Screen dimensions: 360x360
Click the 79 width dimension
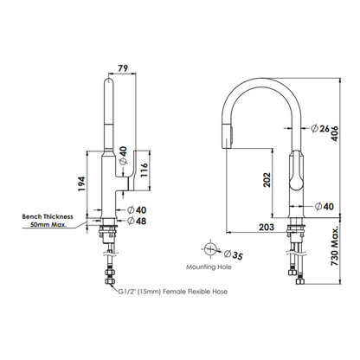coord(123,68)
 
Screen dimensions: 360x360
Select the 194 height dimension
coord(81,183)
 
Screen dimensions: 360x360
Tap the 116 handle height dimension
coord(144,170)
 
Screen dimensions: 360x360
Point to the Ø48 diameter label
coord(137,221)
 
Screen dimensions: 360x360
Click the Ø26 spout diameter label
coord(320,128)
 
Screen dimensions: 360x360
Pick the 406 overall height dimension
coord(334,133)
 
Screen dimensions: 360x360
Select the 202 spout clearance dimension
coord(267,180)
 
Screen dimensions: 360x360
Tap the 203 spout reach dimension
coord(267,227)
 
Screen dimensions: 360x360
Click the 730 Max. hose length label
coord(335,246)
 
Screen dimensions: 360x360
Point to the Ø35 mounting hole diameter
coord(234,254)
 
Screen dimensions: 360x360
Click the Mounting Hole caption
coord(209,267)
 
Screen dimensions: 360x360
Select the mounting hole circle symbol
coord(210,249)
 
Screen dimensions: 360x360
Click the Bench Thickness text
coord(48,216)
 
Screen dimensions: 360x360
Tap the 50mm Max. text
coord(48,224)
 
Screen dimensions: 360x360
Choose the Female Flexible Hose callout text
coord(195,292)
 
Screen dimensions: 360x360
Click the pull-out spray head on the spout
coord(228,135)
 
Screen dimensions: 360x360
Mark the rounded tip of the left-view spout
coord(109,80)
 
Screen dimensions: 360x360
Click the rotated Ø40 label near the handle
coord(123,156)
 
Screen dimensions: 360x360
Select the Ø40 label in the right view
coord(325,206)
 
